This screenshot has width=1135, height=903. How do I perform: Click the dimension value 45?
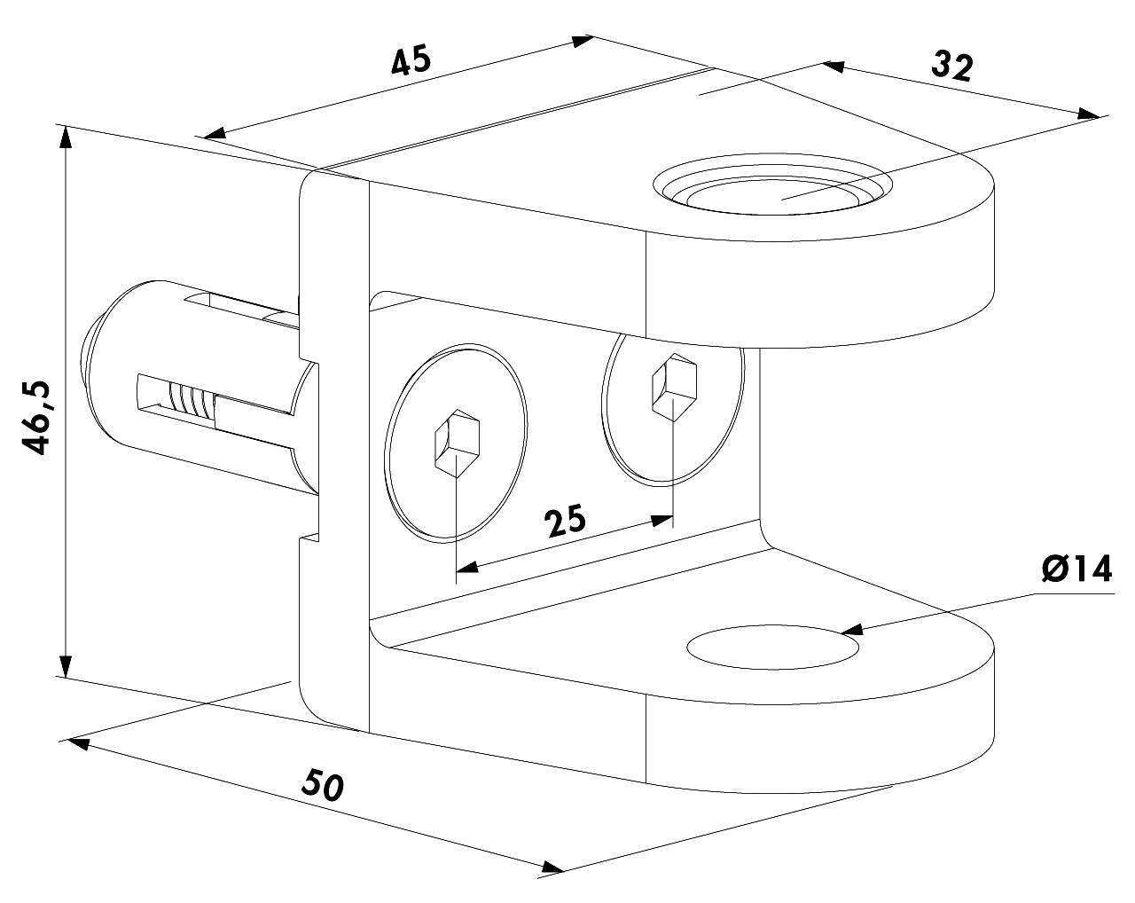point(411,59)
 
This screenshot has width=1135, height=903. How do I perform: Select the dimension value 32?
point(951,67)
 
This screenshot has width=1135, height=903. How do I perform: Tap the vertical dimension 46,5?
point(36,417)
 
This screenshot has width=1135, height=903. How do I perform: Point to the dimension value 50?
point(322,784)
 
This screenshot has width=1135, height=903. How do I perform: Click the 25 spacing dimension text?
point(564,520)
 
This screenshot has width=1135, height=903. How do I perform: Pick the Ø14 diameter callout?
point(1077,569)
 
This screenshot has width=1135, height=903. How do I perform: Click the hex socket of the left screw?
point(457,443)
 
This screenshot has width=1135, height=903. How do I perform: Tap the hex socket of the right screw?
point(675,387)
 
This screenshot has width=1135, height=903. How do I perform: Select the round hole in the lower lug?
point(772,648)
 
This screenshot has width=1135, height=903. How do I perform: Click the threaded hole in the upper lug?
point(772,185)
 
